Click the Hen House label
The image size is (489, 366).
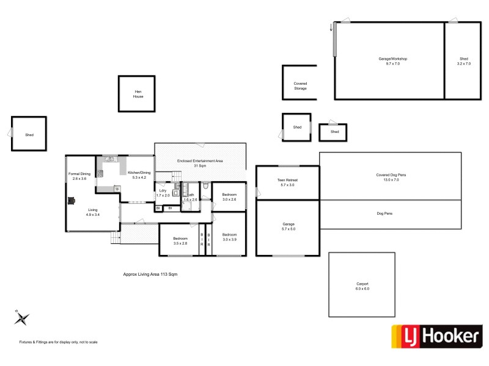138,94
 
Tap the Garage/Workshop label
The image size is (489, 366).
393,61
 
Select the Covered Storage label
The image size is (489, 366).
300,86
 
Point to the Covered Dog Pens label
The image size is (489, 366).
391,178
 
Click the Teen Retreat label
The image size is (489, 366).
287,182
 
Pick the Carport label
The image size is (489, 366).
363,286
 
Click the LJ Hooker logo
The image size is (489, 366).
436,336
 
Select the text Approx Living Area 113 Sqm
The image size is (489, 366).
150,274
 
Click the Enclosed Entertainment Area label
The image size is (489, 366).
200,163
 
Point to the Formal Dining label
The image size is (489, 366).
80,176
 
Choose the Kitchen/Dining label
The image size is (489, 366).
139,175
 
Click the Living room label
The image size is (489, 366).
92,212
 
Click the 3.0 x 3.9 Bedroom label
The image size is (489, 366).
229,237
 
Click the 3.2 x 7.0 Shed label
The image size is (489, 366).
463,61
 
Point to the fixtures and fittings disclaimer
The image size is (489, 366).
59,342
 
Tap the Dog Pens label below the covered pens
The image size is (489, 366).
391,213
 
